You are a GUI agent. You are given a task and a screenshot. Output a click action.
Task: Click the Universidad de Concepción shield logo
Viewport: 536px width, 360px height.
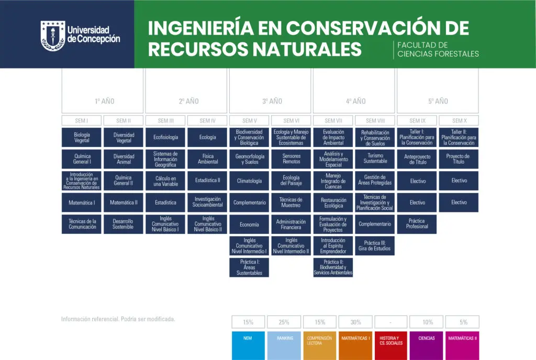tap(53, 36)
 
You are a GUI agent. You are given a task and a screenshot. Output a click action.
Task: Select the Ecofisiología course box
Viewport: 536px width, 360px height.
tap(165, 137)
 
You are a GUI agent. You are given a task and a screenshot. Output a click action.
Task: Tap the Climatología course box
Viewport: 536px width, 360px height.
tap(249, 181)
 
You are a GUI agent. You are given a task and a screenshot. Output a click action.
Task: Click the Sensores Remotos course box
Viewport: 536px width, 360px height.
tap(291, 159)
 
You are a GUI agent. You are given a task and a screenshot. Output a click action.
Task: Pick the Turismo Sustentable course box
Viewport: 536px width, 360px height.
tap(375, 159)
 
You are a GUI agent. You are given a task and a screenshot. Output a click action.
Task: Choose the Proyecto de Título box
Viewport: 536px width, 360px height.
tap(459, 159)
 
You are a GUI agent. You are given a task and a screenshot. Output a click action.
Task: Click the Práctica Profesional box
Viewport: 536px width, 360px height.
tap(417, 224)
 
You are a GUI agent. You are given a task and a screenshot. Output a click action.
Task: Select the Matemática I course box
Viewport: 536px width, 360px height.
tap(82, 203)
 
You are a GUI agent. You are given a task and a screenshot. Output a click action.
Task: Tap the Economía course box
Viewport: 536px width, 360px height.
tap(249, 224)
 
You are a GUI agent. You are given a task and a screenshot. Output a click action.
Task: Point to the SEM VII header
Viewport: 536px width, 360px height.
tap(333, 120)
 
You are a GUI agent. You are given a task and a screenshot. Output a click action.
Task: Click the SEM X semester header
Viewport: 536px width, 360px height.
tap(459, 120)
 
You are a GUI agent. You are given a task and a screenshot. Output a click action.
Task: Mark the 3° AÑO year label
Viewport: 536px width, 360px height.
tap(272, 101)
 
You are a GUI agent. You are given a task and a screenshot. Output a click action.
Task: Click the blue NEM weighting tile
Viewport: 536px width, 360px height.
tap(248, 345)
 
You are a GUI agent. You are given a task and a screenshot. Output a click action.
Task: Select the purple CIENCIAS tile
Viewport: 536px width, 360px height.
tap(427, 345)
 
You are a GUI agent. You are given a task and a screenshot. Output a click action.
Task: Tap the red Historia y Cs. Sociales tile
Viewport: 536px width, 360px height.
tap(391, 345)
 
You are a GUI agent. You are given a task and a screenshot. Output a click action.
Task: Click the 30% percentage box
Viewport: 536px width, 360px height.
tap(355, 322)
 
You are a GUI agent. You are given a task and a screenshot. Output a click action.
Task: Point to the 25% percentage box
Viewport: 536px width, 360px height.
tap(284, 322)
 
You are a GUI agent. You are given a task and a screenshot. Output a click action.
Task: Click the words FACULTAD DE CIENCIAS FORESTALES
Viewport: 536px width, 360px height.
tap(438, 50)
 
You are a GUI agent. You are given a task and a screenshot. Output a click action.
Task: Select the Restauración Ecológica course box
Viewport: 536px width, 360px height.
tap(333, 203)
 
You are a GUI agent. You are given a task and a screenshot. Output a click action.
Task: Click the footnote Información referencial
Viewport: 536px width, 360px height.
tap(118, 319)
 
